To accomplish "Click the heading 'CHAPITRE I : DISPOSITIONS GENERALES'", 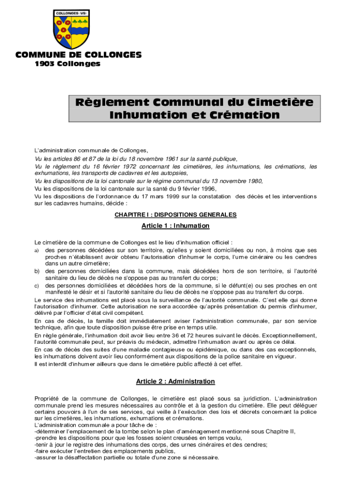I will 175,215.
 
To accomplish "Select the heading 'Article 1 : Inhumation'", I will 175,226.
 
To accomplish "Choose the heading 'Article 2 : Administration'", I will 175,382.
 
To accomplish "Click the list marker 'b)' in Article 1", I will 37,271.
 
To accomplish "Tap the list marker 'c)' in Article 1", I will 36,285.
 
